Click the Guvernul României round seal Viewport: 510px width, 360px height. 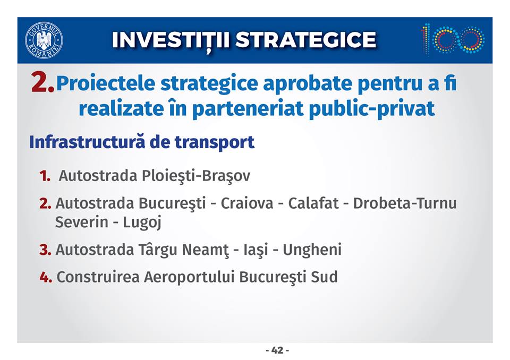pyautogui.click(x=44, y=40)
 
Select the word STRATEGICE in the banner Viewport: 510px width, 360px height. pyautogui.click(x=306, y=40)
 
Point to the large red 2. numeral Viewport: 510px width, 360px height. pyautogui.click(x=42, y=82)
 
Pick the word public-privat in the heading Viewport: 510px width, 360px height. pyautogui.click(x=372, y=109)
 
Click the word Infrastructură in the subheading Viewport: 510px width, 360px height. pyautogui.click(x=87, y=142)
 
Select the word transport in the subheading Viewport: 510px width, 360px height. pyautogui.click(x=214, y=143)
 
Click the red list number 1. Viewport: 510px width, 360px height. pyautogui.click(x=45, y=176)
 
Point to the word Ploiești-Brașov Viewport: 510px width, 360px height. pyautogui.click(x=196, y=176)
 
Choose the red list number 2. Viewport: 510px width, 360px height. pyautogui.click(x=45, y=203)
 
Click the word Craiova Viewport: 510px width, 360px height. pyautogui.click(x=247, y=203)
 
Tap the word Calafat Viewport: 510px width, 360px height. pyautogui.click(x=313, y=203)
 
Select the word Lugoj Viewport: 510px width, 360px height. pyautogui.click(x=142, y=223)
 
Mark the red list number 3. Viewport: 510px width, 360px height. pyautogui.click(x=45, y=250)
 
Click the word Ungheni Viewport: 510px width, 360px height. pyautogui.click(x=312, y=250)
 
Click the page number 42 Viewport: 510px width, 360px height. pyautogui.click(x=277, y=350)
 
